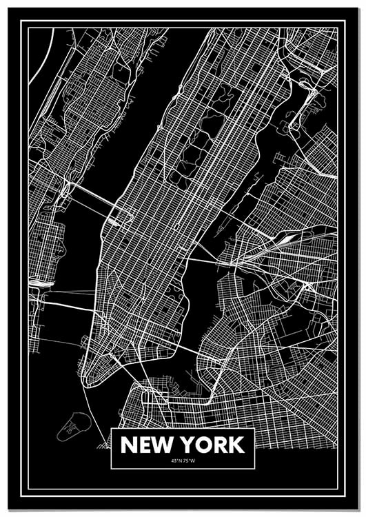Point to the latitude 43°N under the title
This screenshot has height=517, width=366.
pyautogui.click(x=172, y=460)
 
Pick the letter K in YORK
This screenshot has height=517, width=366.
pyautogui.click(x=235, y=445)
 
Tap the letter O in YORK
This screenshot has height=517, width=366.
pyautogui.click(x=203, y=445)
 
